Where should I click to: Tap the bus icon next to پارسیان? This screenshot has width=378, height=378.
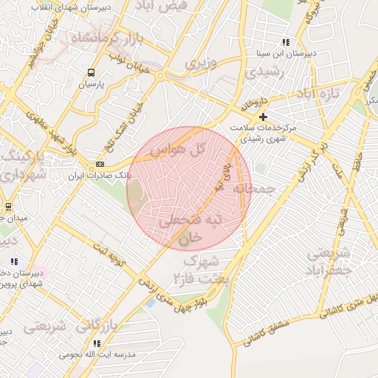(92, 72)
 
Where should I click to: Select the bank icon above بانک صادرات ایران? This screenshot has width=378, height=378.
(100, 165)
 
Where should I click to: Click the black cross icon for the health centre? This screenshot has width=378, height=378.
(263, 117)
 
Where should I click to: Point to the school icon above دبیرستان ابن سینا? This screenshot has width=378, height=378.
(286, 42)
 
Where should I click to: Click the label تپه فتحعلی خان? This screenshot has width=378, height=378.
(189, 228)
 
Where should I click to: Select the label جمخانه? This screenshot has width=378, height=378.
(254, 190)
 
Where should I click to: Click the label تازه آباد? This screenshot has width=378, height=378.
(317, 94)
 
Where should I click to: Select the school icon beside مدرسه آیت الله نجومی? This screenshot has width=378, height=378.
(97, 343)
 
